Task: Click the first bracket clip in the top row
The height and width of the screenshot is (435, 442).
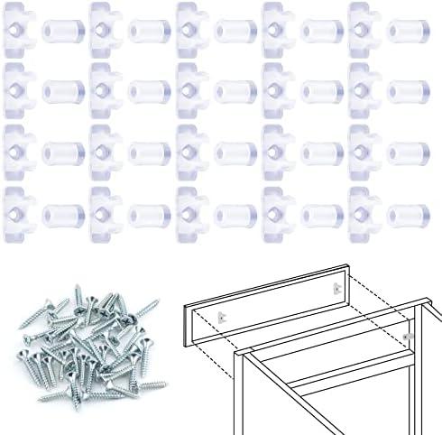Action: tap(18, 30)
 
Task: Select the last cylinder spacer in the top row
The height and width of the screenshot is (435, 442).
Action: tap(406, 30)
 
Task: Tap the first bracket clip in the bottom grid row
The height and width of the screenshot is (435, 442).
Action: tap(18, 214)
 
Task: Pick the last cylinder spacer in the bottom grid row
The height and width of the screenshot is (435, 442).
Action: tap(406, 214)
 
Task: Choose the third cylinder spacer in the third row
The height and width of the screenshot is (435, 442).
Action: tap(232, 153)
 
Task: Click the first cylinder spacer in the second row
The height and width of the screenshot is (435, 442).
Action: tap(59, 91)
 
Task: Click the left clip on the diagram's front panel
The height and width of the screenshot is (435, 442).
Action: tap(221, 315)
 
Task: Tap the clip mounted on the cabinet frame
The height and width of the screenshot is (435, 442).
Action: tap(408, 336)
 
